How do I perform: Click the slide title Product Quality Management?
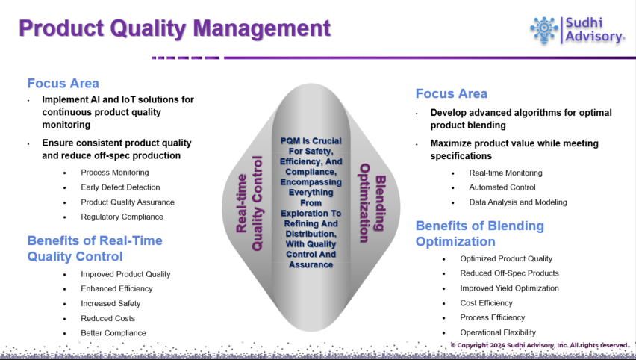(x=175, y=28)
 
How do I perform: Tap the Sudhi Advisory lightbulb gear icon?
(x=544, y=30)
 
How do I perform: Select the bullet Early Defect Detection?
(x=120, y=187)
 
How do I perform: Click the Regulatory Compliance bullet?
(x=122, y=217)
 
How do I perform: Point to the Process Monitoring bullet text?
(x=115, y=173)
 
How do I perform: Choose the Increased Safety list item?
(x=110, y=303)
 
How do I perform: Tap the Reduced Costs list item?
(x=108, y=319)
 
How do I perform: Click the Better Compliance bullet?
(x=113, y=333)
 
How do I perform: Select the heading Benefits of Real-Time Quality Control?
(x=95, y=249)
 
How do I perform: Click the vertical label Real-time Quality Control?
(x=249, y=204)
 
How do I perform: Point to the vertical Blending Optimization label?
(x=371, y=203)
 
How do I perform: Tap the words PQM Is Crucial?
(x=311, y=141)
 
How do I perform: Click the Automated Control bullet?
(x=502, y=187)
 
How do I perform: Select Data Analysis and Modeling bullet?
(x=518, y=202)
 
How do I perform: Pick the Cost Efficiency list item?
(x=486, y=303)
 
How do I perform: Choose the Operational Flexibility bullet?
(x=498, y=333)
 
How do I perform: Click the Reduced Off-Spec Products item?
(x=509, y=273)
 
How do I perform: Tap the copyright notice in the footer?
(x=540, y=345)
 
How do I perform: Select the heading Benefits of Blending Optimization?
(x=480, y=233)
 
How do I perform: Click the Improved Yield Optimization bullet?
(x=509, y=288)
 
